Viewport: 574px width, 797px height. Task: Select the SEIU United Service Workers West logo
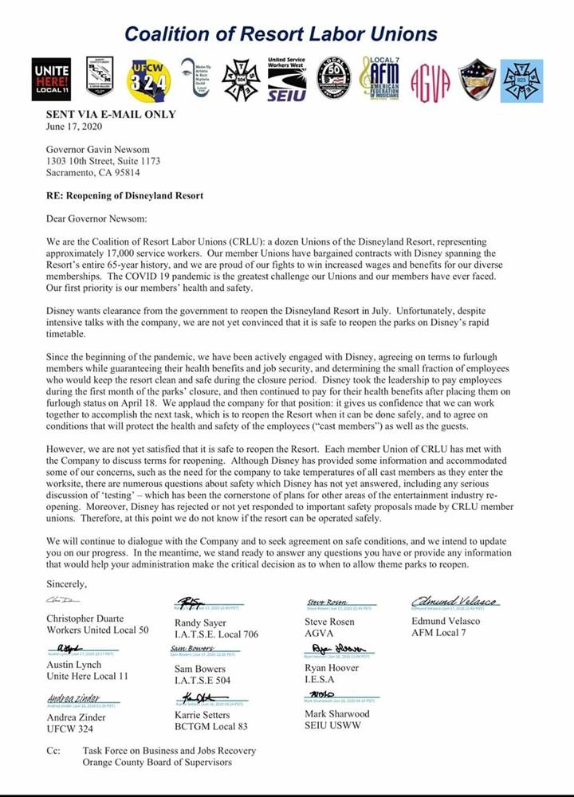coord(287,78)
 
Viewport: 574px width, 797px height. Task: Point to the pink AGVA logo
coord(431,80)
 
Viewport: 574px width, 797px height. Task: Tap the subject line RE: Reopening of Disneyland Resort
coord(124,196)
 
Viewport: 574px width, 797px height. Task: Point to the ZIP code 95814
coord(122,172)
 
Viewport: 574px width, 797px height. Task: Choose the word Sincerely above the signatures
coord(67,584)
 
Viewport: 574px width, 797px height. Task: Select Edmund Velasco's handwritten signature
coord(443,601)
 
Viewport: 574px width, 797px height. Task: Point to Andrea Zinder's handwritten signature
coord(73,699)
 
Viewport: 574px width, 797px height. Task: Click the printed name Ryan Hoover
coord(332,668)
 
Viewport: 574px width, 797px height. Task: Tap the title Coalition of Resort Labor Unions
coord(281,33)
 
